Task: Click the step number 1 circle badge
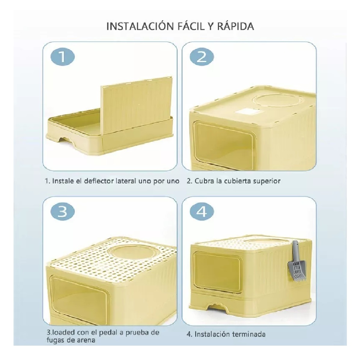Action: (62, 57)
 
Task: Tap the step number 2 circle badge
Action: (201, 57)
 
